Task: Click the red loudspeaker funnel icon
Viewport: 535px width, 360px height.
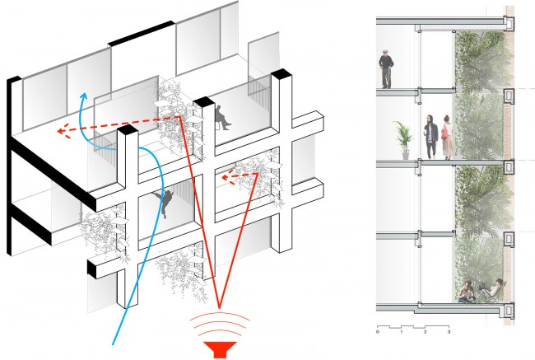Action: (220, 349)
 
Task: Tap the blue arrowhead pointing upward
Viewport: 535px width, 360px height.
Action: (83, 96)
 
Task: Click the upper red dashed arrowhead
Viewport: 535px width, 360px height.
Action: (64, 132)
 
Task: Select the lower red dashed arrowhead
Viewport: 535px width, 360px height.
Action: (227, 178)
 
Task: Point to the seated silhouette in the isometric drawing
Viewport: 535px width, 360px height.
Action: (222, 118)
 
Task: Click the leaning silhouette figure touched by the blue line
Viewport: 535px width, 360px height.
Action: (165, 203)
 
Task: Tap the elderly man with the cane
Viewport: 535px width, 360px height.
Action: (386, 69)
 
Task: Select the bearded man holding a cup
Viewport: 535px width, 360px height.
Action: (430, 137)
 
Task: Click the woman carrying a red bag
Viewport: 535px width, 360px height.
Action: (448, 138)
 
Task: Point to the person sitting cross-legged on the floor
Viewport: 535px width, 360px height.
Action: (466, 292)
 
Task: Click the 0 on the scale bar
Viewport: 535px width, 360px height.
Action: (378, 332)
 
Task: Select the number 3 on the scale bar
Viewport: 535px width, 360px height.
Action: (449, 332)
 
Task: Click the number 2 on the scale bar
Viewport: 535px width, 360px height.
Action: (426, 332)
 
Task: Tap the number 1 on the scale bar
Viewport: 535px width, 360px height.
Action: (402, 332)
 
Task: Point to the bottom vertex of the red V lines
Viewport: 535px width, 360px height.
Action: (219, 306)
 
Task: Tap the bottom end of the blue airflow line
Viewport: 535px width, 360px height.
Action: (113, 344)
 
